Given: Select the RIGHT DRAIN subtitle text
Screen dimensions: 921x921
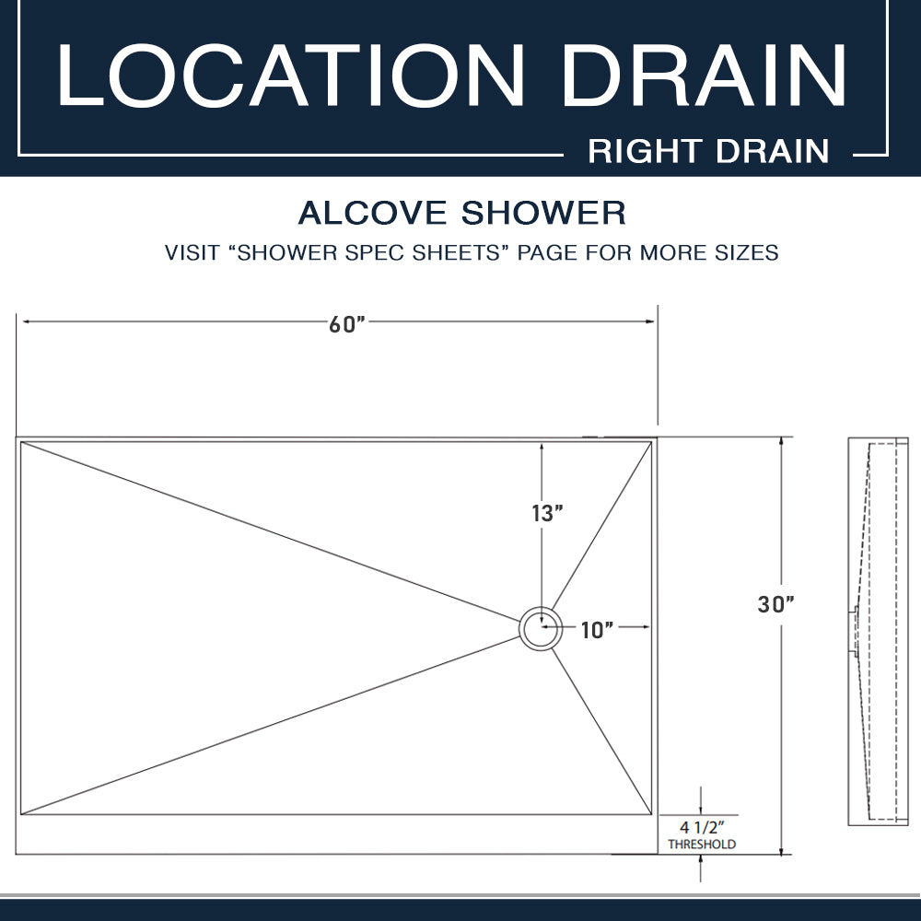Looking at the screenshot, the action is (x=708, y=151).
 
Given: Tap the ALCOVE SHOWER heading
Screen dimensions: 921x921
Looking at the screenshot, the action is (x=461, y=213).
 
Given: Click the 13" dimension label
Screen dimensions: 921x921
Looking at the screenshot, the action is (x=547, y=513).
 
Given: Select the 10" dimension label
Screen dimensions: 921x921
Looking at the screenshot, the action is (x=597, y=630).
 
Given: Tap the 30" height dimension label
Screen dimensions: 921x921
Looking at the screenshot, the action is (x=775, y=604).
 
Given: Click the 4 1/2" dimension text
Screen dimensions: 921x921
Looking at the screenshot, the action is (x=701, y=828).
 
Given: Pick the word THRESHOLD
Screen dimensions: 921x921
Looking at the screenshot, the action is (x=701, y=845).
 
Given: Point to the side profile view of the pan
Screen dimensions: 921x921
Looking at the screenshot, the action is (x=878, y=632).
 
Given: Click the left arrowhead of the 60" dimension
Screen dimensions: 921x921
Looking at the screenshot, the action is (x=27, y=321).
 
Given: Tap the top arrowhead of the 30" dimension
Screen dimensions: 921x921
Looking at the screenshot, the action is (x=781, y=442).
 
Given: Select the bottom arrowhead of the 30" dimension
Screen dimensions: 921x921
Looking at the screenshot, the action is (x=781, y=850).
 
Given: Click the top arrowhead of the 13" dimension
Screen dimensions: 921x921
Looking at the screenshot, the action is (x=542, y=447).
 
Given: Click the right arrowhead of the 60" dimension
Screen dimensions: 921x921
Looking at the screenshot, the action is (x=649, y=321).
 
